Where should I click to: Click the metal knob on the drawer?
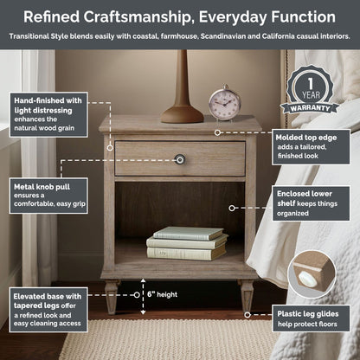point(180,159)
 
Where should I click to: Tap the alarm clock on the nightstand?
point(225,102)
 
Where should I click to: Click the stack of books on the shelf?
point(187,243)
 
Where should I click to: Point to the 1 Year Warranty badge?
point(310,90)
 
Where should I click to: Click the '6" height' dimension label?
point(162,294)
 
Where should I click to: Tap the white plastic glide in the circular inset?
point(308,279)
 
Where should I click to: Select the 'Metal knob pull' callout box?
point(48,196)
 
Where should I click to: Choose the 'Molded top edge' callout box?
point(312,147)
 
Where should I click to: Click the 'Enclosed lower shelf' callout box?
point(312,203)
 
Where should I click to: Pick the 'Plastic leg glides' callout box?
point(311,318)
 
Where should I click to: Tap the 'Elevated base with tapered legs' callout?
point(48,310)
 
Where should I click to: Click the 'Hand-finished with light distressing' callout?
point(48,114)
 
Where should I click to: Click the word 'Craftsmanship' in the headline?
point(138,17)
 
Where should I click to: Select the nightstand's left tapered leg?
point(112,297)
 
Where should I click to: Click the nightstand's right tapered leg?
point(247,296)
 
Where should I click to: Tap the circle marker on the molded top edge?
point(217,132)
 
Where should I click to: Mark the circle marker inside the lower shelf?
point(232,208)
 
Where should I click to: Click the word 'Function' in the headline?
point(303,16)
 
